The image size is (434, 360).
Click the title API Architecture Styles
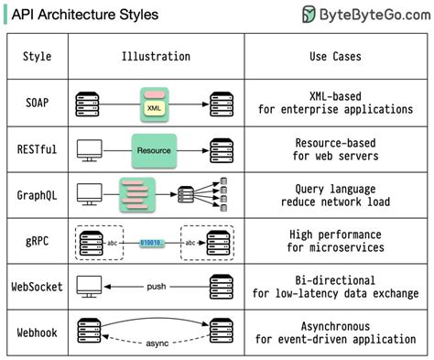pos(83,15)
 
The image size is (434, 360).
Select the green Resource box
pos(153,149)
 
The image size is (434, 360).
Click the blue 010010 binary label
pos(153,243)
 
